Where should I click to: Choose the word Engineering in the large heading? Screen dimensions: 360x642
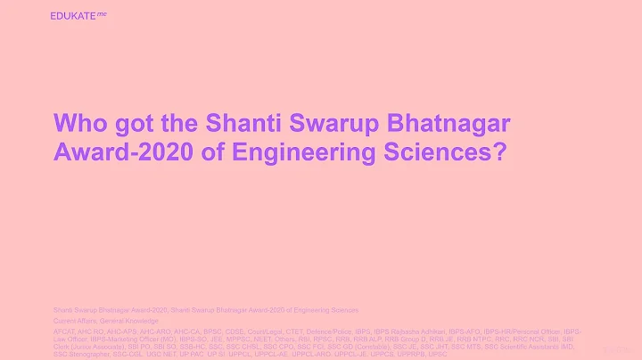click(284, 152)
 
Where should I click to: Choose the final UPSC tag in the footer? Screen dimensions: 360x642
click(438, 354)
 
